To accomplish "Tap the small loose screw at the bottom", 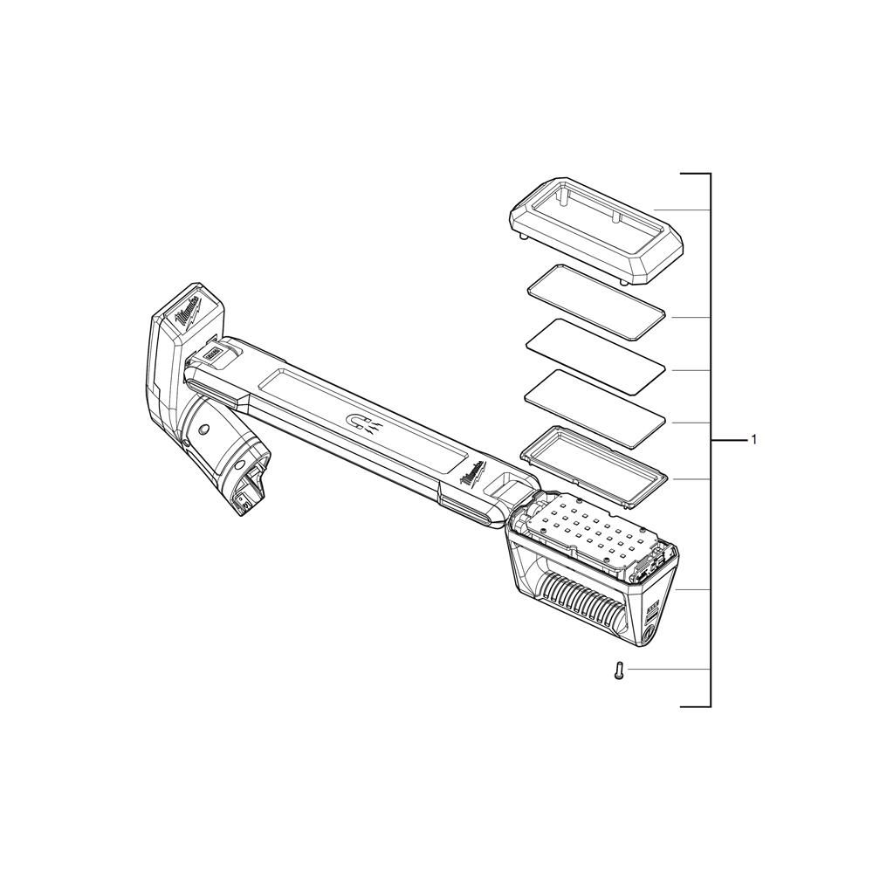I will (619, 671).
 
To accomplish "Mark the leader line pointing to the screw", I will (668, 670).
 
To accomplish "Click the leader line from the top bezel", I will (681, 210).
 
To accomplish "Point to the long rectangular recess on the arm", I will (349, 406).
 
